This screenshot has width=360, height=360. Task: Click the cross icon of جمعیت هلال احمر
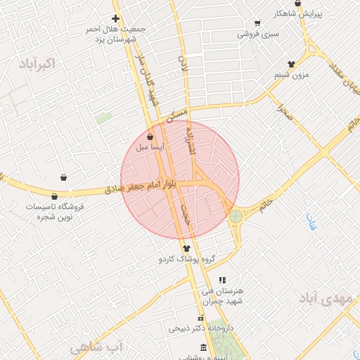point(116,18)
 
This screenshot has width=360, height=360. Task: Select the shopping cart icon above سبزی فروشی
point(257,23)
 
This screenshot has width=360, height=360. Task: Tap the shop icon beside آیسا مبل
point(150,137)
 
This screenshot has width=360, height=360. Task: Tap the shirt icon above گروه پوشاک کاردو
point(186,248)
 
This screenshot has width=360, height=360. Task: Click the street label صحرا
point(283,111)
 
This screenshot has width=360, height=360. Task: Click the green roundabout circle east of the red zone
point(236,217)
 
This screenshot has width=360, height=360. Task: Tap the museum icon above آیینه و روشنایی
point(204,348)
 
